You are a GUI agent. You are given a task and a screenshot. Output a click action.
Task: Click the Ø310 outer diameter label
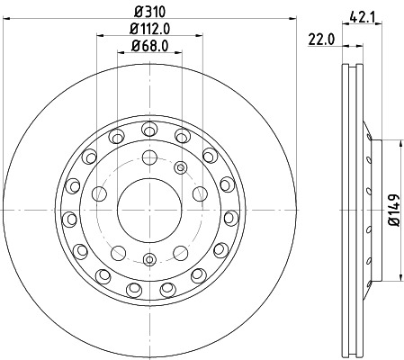click(x=150, y=12)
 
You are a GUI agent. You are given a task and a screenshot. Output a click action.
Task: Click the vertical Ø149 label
click(x=392, y=209)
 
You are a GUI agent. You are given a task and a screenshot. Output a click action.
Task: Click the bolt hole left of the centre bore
click(x=100, y=192)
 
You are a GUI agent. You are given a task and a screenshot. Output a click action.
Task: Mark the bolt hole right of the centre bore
click(x=200, y=192)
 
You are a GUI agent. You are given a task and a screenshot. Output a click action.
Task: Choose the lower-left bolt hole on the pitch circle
click(x=119, y=250)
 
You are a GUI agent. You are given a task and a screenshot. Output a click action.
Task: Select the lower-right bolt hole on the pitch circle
click(x=181, y=250)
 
